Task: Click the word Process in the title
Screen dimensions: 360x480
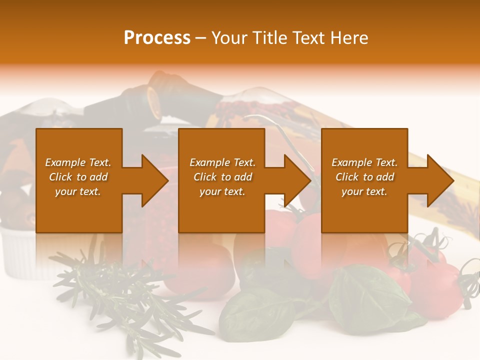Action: tap(157, 37)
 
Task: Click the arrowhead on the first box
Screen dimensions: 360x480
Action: tap(152, 181)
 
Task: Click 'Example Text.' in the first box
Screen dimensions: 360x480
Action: tap(78, 162)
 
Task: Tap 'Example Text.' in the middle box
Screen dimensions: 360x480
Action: tap(222, 162)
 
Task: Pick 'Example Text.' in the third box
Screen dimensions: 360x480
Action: tap(364, 162)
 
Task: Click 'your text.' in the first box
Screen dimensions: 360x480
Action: tap(78, 191)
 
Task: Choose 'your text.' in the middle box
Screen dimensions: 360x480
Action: tap(222, 191)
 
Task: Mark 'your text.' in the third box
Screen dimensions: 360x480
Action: tap(364, 191)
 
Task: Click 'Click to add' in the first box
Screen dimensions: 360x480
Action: tap(78, 177)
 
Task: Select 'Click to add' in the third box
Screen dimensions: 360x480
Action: tap(364, 177)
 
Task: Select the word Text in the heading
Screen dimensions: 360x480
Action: tap(308, 37)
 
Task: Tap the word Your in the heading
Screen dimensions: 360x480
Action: tap(230, 37)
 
